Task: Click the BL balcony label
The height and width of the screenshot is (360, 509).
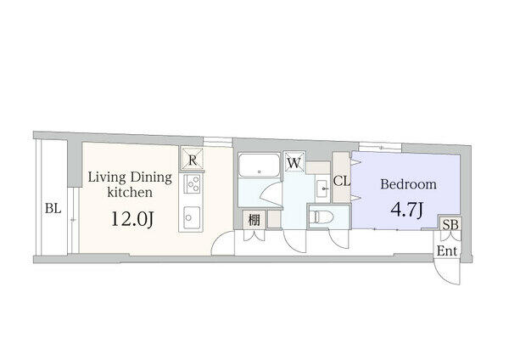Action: pos(53,208)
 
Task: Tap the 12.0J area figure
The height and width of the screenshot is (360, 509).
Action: pos(132,219)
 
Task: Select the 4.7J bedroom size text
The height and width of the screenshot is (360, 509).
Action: pos(407,210)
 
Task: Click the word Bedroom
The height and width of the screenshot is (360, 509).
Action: pos(408,184)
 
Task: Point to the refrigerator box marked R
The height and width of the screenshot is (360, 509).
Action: pos(193,159)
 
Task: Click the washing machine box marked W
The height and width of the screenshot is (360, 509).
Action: pos(294,161)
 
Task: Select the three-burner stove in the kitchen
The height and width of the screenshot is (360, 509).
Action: pos(192,184)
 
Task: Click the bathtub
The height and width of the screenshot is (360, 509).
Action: pos(259,165)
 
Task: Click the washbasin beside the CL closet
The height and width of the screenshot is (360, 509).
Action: pos(322,188)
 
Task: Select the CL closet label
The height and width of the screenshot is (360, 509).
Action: pos(342,181)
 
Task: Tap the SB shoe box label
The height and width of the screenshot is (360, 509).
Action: pos(450,224)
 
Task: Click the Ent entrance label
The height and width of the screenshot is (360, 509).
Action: pos(447,250)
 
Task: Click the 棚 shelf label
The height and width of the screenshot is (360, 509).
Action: pos(255,220)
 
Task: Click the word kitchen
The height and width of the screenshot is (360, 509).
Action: pos(130,193)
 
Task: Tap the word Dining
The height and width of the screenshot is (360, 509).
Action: pos(151,178)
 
